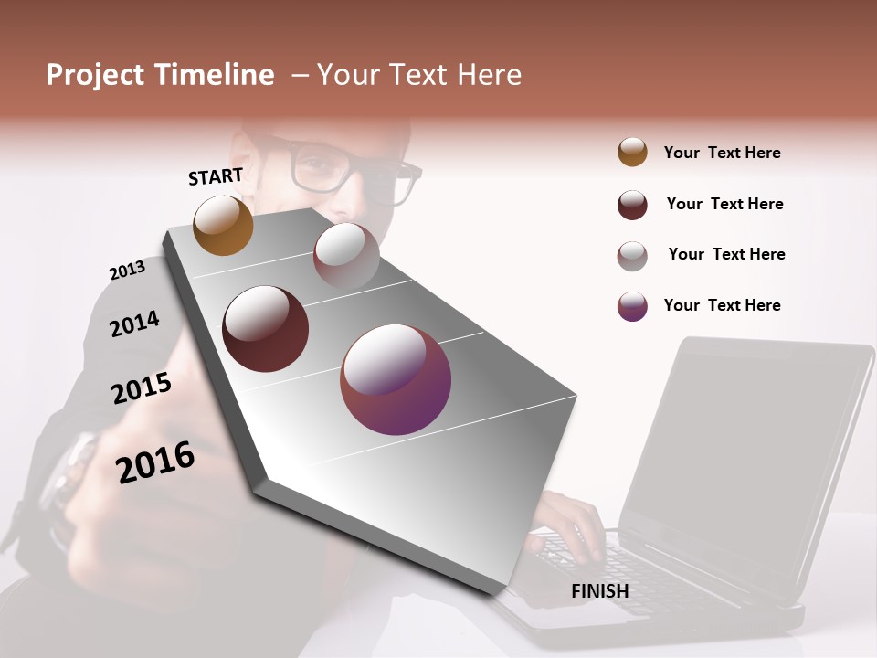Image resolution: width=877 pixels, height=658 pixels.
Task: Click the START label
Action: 216,176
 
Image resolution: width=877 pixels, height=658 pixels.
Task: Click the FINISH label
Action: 599,591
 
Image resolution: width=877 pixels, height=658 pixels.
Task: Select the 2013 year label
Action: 127,270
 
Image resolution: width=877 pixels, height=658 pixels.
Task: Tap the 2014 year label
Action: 134,324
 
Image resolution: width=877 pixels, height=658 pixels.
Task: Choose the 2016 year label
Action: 155,462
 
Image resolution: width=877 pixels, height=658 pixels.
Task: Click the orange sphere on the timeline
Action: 223,225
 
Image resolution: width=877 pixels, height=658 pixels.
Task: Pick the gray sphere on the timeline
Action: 346,254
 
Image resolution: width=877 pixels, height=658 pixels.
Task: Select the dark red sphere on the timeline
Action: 265,329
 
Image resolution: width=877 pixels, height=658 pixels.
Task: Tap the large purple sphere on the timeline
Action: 396,379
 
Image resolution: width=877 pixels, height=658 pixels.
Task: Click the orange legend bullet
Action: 632,153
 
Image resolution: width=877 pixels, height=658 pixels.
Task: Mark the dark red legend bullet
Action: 632,205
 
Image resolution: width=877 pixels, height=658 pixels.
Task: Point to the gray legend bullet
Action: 632,255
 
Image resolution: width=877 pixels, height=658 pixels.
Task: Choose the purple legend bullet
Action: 632,306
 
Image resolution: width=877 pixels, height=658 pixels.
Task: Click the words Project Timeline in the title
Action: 160,75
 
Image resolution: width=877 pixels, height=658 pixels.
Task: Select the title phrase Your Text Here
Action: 418,75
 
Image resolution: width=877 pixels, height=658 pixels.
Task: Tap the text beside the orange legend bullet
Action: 722,153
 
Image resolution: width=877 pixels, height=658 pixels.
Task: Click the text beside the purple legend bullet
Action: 722,305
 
